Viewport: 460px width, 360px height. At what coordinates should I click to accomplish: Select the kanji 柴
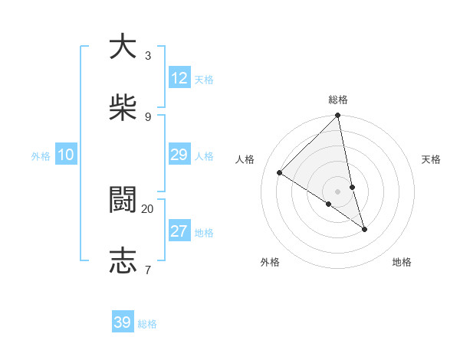click(123, 108)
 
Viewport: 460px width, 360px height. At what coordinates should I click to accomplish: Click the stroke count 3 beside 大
click(147, 55)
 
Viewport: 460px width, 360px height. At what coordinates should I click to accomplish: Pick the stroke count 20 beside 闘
click(148, 208)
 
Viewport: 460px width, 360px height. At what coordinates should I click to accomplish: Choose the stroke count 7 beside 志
click(147, 270)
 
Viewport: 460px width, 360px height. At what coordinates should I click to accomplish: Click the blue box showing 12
click(179, 78)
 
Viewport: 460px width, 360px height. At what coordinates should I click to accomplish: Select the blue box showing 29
click(179, 155)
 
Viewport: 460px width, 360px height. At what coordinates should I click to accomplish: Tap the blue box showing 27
click(179, 231)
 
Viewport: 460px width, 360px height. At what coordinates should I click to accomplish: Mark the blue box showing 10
click(66, 155)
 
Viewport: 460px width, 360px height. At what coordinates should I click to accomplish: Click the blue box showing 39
click(123, 322)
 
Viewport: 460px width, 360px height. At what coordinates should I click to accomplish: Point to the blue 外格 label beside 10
click(41, 156)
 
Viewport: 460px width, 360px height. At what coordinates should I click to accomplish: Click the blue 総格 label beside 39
click(147, 324)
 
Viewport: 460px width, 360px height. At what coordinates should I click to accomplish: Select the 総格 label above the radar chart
click(338, 100)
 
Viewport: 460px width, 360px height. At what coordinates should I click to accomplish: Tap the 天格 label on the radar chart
click(432, 159)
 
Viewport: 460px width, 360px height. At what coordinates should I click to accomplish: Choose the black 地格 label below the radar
click(402, 262)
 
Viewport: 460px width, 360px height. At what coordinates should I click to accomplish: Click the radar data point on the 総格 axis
click(338, 116)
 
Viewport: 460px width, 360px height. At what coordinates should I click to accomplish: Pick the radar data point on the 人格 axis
click(280, 173)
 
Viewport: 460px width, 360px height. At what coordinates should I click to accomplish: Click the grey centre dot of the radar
click(338, 191)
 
